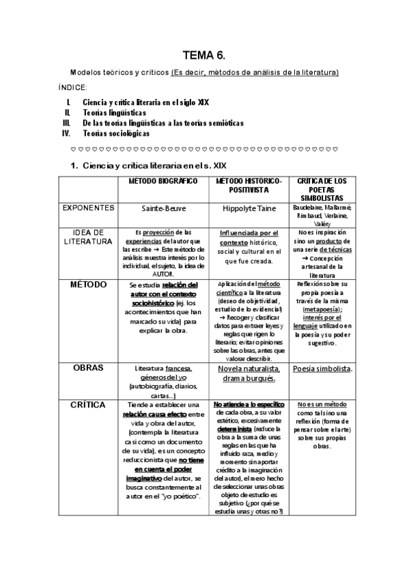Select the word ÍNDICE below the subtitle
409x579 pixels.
pyautogui.click(x=72, y=87)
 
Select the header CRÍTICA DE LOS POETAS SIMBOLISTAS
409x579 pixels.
pyautogui.click(x=322, y=188)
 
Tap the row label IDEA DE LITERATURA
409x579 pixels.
pyautogui.click(x=88, y=236)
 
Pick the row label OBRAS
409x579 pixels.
pyautogui.click(x=88, y=367)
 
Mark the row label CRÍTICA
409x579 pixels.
pyautogui.click(x=88, y=405)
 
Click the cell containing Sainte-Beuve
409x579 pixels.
pyautogui.click(x=164, y=207)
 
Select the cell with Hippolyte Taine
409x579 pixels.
pyautogui.click(x=249, y=207)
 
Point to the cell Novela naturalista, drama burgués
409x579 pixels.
pyautogui.click(x=249, y=373)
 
